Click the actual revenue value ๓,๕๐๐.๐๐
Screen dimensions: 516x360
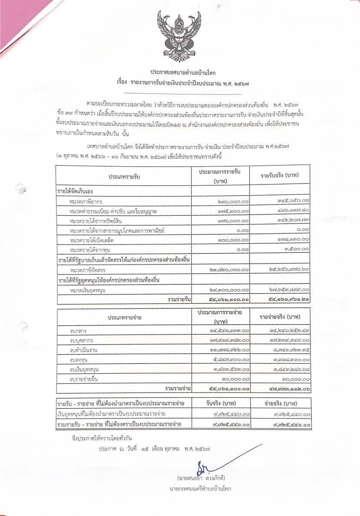[x=295, y=249]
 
